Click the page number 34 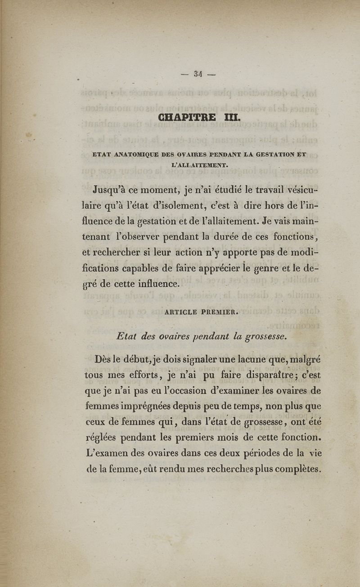coord(198,74)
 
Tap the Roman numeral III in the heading coord(233,118)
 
